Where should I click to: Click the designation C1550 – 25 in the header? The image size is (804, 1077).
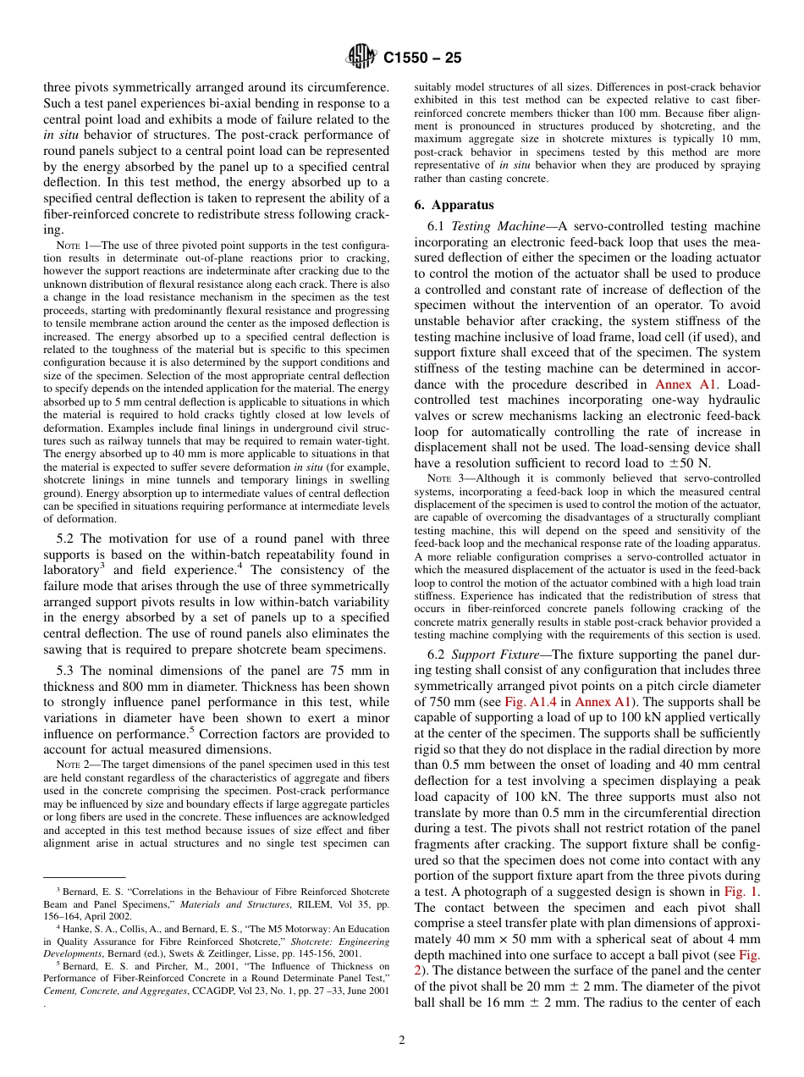click(x=422, y=58)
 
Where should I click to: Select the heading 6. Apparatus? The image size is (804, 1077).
click(x=454, y=205)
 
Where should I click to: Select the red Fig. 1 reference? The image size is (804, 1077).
click(x=741, y=892)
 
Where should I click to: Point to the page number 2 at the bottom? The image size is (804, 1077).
click(x=402, y=1041)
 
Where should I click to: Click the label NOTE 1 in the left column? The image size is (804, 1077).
click(x=70, y=246)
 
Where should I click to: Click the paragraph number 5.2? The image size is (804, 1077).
click(x=67, y=538)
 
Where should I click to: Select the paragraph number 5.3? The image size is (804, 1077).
click(x=67, y=671)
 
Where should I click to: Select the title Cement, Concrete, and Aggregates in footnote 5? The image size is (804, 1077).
click(x=114, y=991)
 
